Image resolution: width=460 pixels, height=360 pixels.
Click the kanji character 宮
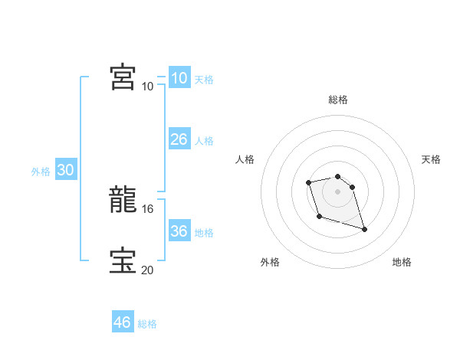(x=123, y=77)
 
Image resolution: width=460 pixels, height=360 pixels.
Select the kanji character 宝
(x=123, y=260)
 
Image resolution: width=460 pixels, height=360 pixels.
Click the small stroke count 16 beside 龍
(x=149, y=208)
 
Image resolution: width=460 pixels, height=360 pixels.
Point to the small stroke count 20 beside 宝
(x=149, y=269)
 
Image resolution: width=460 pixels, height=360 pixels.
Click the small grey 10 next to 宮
(x=148, y=86)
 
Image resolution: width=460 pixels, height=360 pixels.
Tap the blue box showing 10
(x=179, y=78)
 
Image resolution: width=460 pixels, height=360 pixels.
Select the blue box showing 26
(x=179, y=139)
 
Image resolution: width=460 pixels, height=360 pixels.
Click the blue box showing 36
(x=179, y=231)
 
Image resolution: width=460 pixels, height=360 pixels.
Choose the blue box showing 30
(x=65, y=170)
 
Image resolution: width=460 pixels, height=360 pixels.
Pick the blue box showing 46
(x=122, y=322)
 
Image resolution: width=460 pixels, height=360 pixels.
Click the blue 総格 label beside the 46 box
(x=147, y=324)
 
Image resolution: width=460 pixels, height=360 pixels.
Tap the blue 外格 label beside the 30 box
(x=41, y=172)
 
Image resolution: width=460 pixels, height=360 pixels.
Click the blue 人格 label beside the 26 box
(x=204, y=141)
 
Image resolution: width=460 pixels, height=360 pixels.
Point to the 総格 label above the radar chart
(x=338, y=100)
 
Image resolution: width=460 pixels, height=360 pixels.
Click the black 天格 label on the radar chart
(x=431, y=159)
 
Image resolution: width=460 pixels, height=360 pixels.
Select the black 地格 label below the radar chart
(x=402, y=262)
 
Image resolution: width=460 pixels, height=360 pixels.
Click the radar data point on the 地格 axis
(x=364, y=229)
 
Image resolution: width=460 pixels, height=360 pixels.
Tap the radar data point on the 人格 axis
(x=308, y=182)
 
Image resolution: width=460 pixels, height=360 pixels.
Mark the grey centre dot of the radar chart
(x=338, y=191)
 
